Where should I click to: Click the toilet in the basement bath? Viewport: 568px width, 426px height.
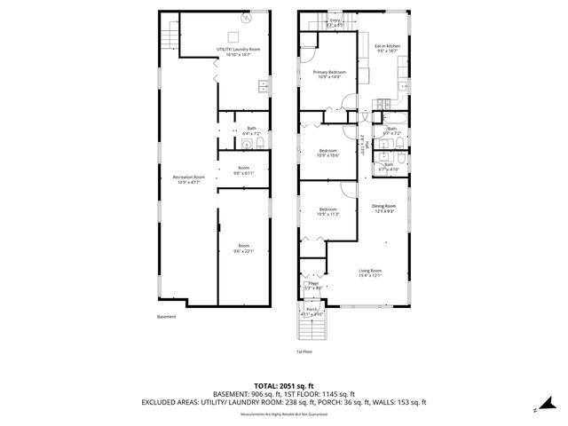click(x=248, y=144)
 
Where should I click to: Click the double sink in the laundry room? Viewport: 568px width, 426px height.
click(x=264, y=86)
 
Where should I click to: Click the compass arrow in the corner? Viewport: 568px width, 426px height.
click(x=536, y=409)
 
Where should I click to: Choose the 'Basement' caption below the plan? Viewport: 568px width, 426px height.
click(x=166, y=317)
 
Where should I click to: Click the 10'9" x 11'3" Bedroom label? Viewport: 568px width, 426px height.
click(x=328, y=212)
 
